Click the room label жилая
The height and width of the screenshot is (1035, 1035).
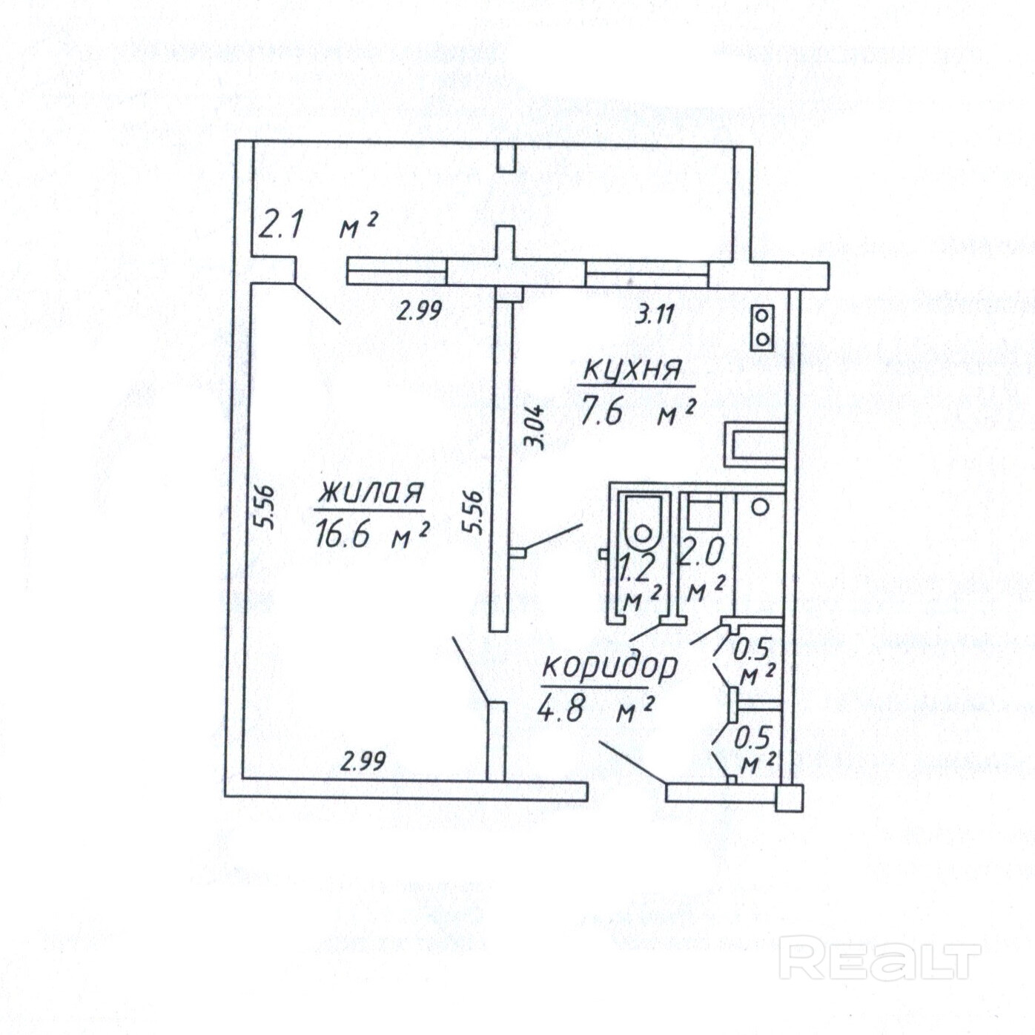pos(370,495)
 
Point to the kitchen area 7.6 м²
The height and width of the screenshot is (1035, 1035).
pos(637,412)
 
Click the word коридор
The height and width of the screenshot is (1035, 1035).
pos(609,666)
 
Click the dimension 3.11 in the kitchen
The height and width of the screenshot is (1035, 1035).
pos(655,315)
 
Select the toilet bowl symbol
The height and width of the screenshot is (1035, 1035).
pos(643,521)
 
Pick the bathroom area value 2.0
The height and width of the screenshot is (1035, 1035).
pos(701,554)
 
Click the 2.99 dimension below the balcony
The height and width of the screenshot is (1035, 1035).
pos(420,311)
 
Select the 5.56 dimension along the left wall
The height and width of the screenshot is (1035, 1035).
pos(264,507)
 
